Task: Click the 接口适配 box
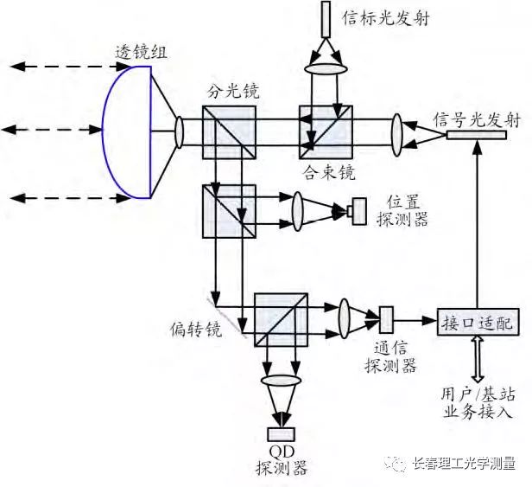point(478,322)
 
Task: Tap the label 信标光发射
point(386,18)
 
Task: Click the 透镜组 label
point(142,53)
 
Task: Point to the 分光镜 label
point(233,91)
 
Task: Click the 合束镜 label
point(329,172)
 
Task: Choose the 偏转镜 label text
point(196,329)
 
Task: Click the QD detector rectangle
point(282,434)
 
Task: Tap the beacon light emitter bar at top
point(326,19)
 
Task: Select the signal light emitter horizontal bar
point(477,135)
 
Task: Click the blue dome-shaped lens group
point(127,131)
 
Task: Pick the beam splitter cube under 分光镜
point(229,132)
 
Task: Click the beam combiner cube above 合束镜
point(326,131)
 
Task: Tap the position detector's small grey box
point(359,211)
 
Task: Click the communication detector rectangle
point(386,320)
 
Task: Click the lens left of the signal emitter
point(396,135)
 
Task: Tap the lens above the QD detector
point(282,381)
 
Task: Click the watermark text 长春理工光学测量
point(464,464)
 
